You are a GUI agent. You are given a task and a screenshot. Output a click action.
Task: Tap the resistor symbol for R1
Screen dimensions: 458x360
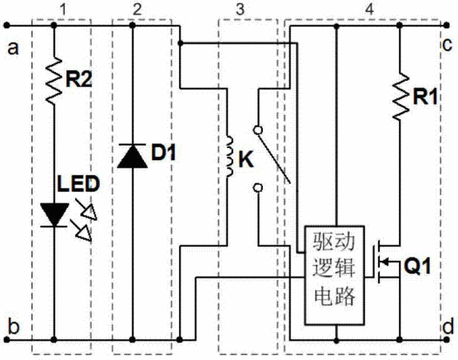coord(400,97)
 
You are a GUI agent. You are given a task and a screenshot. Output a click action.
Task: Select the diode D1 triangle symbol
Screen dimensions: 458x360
coord(133,156)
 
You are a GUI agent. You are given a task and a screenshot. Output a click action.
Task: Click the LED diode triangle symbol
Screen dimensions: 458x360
coord(54,215)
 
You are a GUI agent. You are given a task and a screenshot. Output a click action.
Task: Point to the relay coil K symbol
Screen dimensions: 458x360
coord(229,156)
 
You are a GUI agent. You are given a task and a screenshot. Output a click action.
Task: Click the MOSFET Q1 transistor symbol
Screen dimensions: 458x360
coord(385,262)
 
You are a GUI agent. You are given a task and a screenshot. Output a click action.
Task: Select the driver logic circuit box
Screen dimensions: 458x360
coord(334,275)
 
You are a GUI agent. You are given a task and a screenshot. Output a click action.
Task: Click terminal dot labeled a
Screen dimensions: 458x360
coord(7,26)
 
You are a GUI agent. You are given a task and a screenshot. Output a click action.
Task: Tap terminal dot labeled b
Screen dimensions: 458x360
coord(7,340)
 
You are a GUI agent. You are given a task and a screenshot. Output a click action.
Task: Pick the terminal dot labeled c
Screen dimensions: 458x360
coord(446,26)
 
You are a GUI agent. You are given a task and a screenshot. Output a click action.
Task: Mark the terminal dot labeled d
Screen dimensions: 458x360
coord(446,340)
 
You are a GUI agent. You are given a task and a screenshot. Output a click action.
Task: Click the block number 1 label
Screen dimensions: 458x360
coord(62,9)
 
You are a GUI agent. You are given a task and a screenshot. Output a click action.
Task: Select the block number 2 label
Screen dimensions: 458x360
coord(137,9)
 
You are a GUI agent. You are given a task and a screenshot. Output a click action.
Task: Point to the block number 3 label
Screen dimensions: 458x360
coord(240,9)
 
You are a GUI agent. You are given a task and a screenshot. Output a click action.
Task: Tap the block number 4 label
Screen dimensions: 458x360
coord(369,9)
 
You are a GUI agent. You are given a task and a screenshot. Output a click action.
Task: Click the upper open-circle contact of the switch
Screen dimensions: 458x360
coord(257,130)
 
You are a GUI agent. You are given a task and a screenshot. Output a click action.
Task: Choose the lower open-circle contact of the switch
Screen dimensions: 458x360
coord(257,188)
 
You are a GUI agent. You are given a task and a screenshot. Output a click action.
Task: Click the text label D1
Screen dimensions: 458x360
coord(164,152)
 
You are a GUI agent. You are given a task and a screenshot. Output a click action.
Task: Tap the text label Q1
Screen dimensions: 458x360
coord(417,266)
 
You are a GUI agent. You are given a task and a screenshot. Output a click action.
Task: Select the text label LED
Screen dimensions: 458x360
coord(78,184)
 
